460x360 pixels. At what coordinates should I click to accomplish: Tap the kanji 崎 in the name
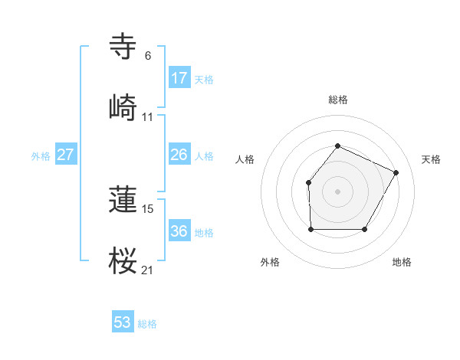click(123, 106)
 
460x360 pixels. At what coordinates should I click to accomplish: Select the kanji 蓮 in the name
click(123, 199)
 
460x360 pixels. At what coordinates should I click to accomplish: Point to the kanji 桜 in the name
click(123, 260)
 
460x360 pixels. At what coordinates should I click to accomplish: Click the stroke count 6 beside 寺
click(148, 56)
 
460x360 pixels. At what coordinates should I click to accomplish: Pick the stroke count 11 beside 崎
click(148, 116)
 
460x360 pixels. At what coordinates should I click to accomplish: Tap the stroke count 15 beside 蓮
click(148, 208)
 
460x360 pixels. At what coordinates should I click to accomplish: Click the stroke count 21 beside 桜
click(148, 270)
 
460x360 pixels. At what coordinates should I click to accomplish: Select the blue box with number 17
click(179, 78)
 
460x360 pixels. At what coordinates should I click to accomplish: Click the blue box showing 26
click(179, 155)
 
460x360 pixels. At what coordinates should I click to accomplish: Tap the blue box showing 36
click(179, 231)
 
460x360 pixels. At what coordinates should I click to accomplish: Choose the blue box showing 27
click(66, 155)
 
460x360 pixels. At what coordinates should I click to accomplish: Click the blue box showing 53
click(123, 322)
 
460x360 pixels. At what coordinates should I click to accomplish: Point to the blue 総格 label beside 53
click(147, 324)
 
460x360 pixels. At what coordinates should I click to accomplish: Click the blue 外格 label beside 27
click(41, 156)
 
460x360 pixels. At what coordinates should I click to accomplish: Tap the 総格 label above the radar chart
click(337, 100)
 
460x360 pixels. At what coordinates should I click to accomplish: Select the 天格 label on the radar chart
click(431, 159)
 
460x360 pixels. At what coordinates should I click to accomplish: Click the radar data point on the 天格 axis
click(396, 172)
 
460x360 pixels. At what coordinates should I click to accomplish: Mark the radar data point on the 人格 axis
click(308, 182)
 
